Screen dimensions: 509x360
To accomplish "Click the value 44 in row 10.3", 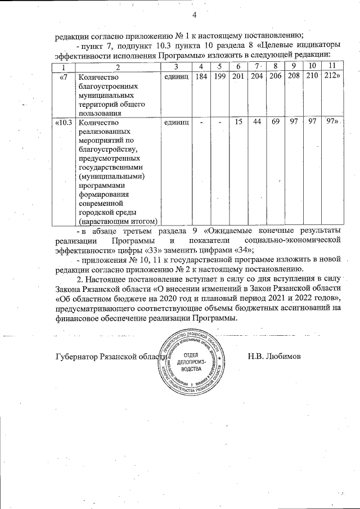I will click(257, 122).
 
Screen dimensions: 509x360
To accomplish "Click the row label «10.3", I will click(64, 122).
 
